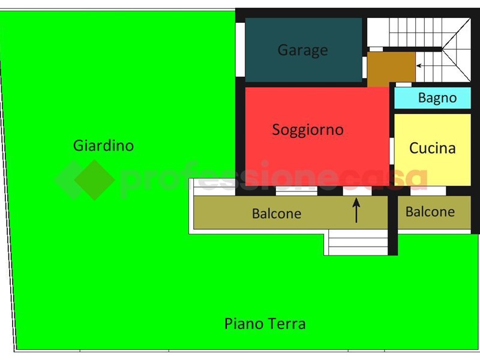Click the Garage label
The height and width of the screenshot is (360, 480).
point(302,50)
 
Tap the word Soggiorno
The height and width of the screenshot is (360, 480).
point(308,130)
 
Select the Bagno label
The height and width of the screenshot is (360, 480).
point(437,98)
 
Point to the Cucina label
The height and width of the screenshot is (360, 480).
point(432,148)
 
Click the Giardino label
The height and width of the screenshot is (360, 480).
point(103,145)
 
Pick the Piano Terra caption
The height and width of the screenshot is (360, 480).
point(265,324)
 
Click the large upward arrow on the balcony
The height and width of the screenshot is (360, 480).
point(356,210)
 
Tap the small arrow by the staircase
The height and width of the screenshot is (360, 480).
point(421,65)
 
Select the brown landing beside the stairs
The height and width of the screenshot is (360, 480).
point(391,70)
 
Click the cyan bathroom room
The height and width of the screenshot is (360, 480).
point(432,98)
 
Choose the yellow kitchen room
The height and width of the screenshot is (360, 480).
point(432,149)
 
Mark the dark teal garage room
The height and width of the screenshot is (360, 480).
point(304,50)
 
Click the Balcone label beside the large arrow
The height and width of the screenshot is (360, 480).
point(277,214)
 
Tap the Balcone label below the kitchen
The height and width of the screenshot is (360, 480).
point(430,212)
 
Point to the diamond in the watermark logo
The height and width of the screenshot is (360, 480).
point(94,180)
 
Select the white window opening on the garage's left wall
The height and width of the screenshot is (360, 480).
point(240,49)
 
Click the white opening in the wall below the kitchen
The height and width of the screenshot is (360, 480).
point(428,191)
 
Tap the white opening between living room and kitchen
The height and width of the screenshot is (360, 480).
point(392,151)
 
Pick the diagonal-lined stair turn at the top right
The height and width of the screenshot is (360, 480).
point(457,50)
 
